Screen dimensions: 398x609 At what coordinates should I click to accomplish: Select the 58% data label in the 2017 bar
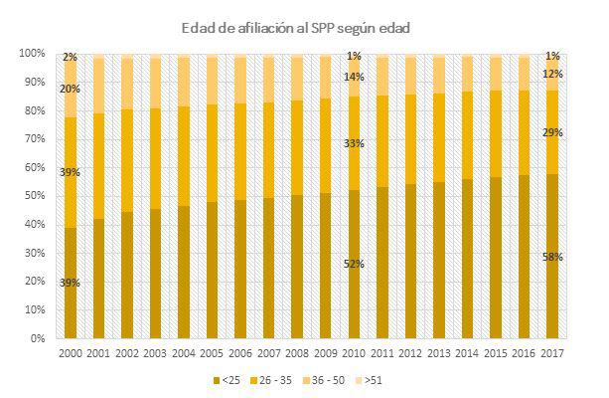[553, 257]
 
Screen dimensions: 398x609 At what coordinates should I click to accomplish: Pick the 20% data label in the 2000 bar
[70, 89]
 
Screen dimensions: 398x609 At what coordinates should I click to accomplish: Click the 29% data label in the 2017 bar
[553, 132]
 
